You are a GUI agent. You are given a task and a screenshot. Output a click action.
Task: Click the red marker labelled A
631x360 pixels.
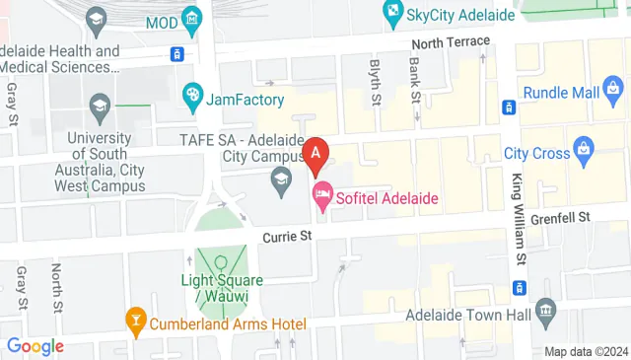pyautogui.click(x=315, y=153)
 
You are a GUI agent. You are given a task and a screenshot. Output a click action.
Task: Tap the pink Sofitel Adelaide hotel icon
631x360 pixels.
pyautogui.click(x=320, y=196)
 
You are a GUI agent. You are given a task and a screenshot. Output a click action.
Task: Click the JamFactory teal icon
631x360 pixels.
pyautogui.click(x=192, y=96)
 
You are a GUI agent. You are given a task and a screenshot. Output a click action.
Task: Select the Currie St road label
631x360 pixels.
pyautogui.click(x=287, y=237)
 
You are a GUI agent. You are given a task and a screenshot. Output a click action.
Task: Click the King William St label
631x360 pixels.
pyautogui.click(x=517, y=218)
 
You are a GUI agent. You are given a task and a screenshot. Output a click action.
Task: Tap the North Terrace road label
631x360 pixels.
pyautogui.click(x=451, y=41)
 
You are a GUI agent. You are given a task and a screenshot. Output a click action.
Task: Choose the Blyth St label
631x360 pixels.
pyautogui.click(x=375, y=81)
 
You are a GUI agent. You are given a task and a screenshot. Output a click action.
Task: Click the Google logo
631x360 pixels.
pyautogui.click(x=35, y=346)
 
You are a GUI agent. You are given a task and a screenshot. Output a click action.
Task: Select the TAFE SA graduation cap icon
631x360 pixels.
pyautogui.click(x=281, y=179)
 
